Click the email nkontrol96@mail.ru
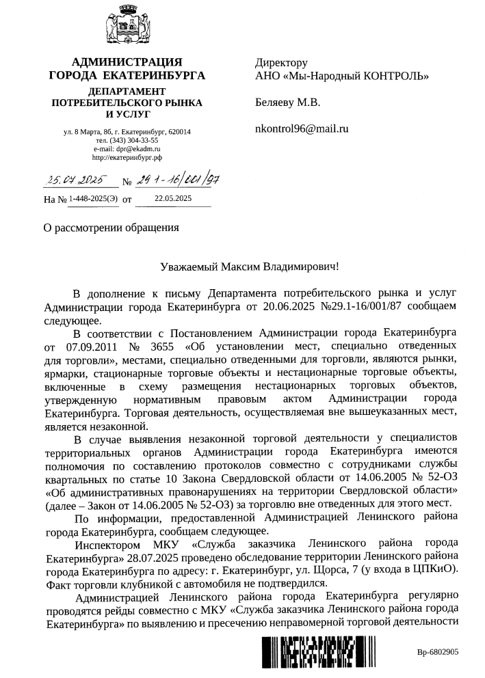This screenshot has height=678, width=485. click(x=302, y=127)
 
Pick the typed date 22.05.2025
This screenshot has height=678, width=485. click(x=173, y=199)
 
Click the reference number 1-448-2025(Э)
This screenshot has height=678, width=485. click(x=92, y=200)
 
